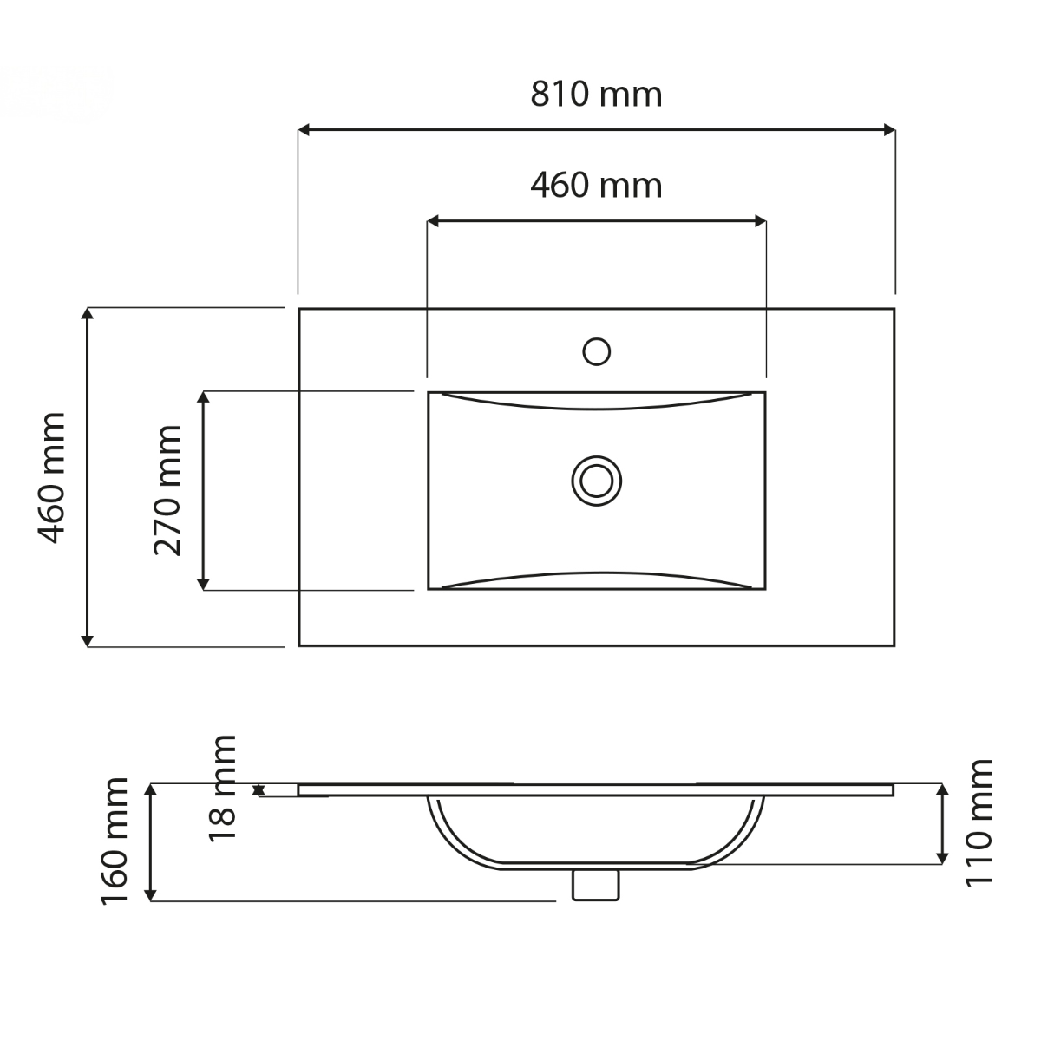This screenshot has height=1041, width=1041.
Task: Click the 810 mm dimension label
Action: click(x=596, y=94)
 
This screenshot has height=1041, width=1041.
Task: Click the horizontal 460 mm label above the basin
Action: click(x=596, y=185)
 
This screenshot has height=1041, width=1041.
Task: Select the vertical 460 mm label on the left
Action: click(x=53, y=477)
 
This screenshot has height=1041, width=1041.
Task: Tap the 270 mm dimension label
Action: click(x=167, y=490)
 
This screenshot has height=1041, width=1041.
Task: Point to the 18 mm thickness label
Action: click(x=223, y=787)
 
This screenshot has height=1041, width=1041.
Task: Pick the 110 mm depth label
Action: click(x=979, y=822)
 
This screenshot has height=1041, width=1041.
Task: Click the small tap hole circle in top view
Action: click(x=596, y=351)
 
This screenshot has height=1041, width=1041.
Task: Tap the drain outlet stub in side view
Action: click(x=596, y=885)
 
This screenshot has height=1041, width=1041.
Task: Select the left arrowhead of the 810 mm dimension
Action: click(x=304, y=130)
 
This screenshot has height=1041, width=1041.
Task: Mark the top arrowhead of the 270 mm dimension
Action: click(x=203, y=398)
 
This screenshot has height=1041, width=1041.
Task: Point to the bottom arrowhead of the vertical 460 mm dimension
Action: click(x=87, y=639)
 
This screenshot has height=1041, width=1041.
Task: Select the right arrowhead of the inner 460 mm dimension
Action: click(x=760, y=222)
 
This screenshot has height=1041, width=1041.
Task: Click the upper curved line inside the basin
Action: click(x=596, y=407)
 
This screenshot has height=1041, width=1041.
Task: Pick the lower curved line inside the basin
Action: click(x=596, y=574)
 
